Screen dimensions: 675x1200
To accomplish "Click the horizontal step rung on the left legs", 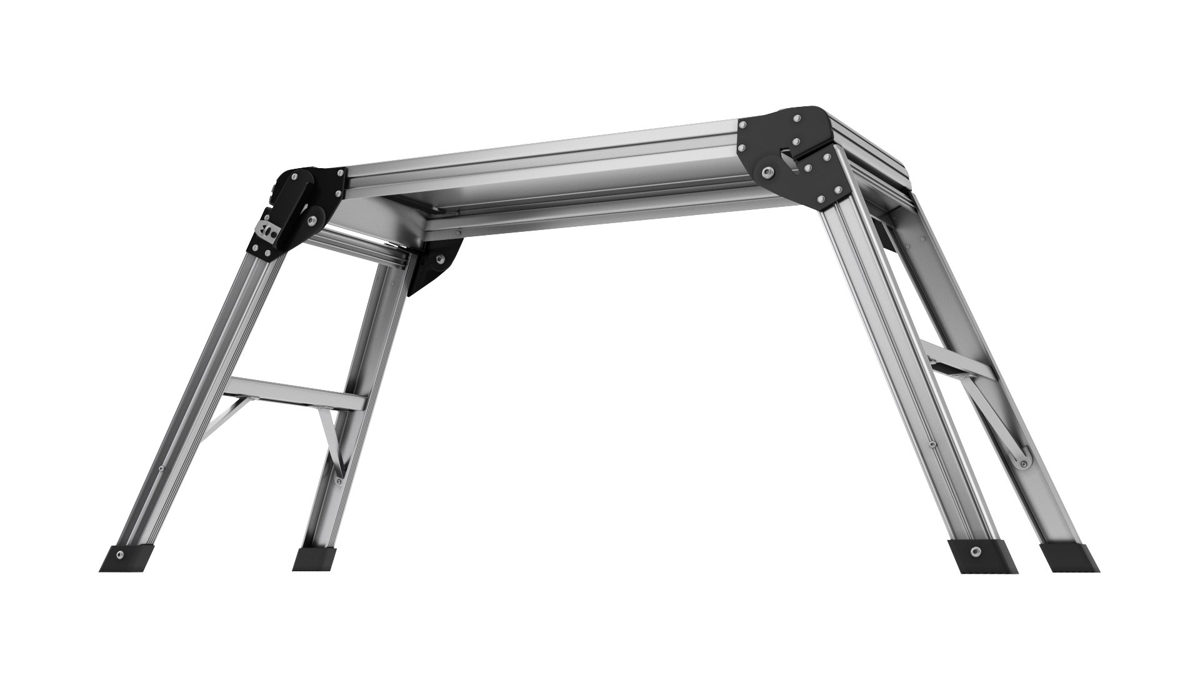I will coord(294,394).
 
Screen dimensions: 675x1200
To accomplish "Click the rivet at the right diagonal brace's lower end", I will coord(1023,463).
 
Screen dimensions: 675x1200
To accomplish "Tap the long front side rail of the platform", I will coord(544,166).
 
